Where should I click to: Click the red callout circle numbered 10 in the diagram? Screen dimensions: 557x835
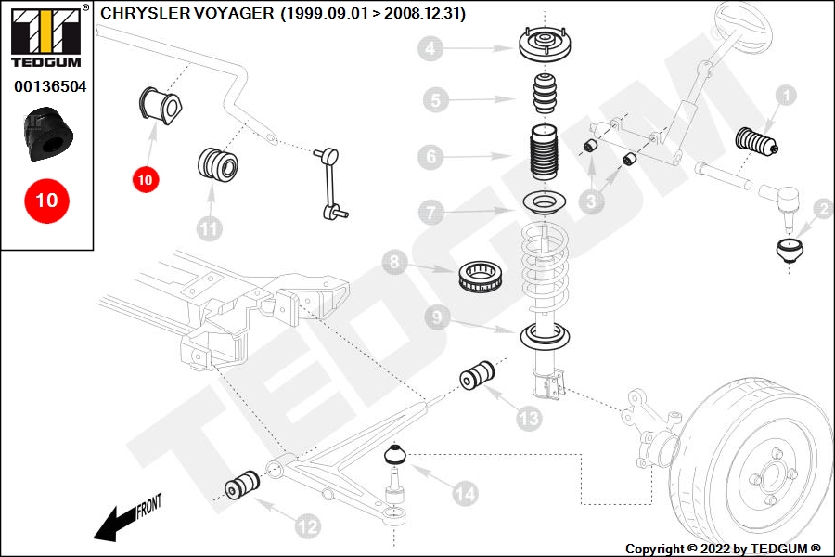pos(145,180)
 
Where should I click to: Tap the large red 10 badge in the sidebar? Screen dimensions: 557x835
pos(46,200)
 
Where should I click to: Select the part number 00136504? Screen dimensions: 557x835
pos(49,86)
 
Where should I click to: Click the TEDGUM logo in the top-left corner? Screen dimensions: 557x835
pos(46,37)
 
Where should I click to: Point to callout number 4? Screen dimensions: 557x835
pos(430,47)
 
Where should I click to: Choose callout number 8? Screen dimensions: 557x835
pos(395,263)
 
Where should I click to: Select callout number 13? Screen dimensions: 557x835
pos(528,420)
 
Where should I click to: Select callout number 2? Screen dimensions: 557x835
pos(822,210)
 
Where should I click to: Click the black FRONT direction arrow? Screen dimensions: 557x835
pos(116,524)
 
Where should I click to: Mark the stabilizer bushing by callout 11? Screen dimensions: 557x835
pos(219,164)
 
